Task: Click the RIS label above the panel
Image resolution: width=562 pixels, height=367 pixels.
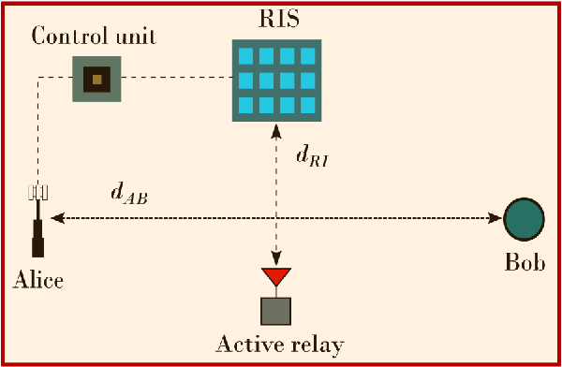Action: [x=276, y=20]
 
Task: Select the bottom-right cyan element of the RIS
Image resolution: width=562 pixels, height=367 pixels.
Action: [x=306, y=104]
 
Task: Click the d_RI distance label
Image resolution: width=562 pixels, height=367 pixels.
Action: [x=312, y=157]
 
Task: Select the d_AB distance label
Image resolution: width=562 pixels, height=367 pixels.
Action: [x=129, y=195]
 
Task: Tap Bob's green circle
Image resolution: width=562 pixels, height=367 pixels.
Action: [x=524, y=219]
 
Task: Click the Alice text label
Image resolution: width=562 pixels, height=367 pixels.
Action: [x=39, y=280]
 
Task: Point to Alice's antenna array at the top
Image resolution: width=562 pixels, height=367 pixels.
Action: [x=37, y=192]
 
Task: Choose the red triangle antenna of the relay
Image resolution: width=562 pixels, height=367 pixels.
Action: [x=276, y=276]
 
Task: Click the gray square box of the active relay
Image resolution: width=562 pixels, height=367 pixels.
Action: [x=276, y=311]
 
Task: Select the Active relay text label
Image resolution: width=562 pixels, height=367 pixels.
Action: [x=279, y=344]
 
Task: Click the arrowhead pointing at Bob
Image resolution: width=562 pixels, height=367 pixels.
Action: [x=495, y=219]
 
